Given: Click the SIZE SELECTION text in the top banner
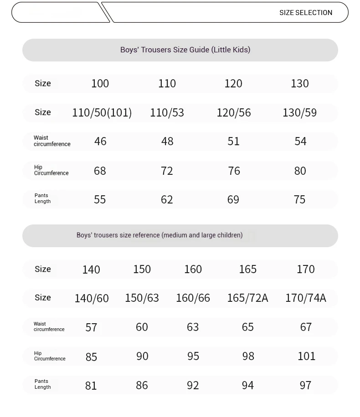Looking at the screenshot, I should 306,13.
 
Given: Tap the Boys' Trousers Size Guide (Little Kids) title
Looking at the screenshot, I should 185,50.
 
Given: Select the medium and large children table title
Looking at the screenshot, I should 159,235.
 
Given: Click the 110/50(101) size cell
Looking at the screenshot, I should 102,112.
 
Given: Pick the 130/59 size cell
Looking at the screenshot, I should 299,112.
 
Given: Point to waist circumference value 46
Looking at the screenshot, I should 100,142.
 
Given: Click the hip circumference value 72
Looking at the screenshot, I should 167,171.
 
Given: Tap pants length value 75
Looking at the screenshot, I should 299,199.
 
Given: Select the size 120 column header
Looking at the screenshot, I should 233,83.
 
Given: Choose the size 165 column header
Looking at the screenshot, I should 247,269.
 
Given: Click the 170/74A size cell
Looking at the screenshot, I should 306,298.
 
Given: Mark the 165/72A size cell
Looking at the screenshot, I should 247,298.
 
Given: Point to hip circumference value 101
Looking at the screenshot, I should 306,356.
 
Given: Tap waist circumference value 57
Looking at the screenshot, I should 91,327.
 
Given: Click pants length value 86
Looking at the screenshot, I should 142,385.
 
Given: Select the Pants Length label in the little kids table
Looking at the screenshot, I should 42,198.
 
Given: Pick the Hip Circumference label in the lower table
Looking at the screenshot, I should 50,356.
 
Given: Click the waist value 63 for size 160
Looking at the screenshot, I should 193,327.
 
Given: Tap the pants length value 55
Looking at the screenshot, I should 100,199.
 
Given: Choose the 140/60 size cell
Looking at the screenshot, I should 92,298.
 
